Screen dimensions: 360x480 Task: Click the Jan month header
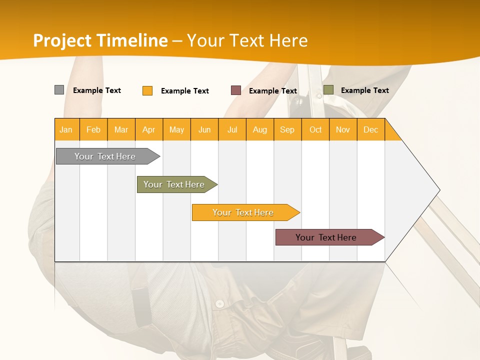[x=66, y=130]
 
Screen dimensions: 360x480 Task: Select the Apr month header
[x=149, y=130]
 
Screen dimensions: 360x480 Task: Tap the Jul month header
[x=232, y=130]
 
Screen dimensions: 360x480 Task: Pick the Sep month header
[x=287, y=130]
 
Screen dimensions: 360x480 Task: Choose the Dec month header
[x=371, y=130]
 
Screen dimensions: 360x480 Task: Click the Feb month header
[x=93, y=130]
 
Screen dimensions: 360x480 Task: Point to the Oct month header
[x=315, y=130]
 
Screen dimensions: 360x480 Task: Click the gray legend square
[x=59, y=90]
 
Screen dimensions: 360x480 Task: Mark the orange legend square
[x=147, y=90]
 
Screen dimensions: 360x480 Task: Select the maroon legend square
[x=236, y=90]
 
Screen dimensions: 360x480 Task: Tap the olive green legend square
[x=328, y=90]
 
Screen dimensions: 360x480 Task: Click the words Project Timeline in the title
[x=100, y=40]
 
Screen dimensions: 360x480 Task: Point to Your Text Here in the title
[x=247, y=40]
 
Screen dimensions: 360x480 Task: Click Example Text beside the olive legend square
[x=364, y=90]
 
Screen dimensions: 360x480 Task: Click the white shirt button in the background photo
[x=219, y=303]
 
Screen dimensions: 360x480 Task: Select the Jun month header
[x=204, y=130]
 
